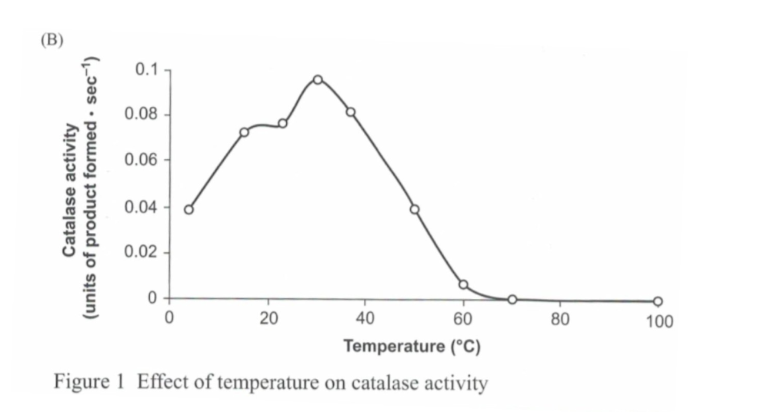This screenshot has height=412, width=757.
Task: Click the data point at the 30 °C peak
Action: (x=317, y=79)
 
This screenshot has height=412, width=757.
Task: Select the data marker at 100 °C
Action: (x=658, y=301)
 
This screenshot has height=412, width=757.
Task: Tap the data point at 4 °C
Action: (x=188, y=209)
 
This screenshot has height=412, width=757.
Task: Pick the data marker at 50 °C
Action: (x=415, y=209)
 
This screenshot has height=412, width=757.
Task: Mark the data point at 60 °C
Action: (x=463, y=284)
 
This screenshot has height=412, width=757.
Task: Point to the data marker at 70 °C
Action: (x=512, y=299)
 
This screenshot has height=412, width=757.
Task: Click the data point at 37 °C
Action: (x=351, y=112)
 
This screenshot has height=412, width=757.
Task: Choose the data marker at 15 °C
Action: (x=244, y=132)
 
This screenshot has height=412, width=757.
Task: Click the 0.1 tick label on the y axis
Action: (x=145, y=70)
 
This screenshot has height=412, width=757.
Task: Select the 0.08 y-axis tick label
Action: (x=141, y=115)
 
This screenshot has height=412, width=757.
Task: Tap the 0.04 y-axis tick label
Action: (x=141, y=207)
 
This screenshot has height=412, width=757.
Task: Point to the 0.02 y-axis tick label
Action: (x=141, y=252)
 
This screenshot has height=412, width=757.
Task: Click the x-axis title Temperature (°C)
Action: (x=412, y=347)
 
